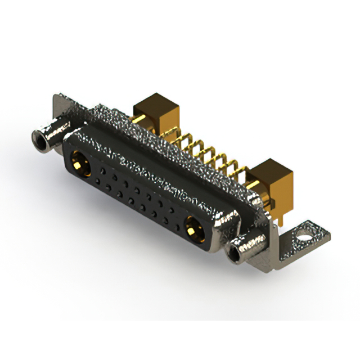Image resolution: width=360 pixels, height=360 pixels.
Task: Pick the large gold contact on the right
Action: click(x=194, y=229)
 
